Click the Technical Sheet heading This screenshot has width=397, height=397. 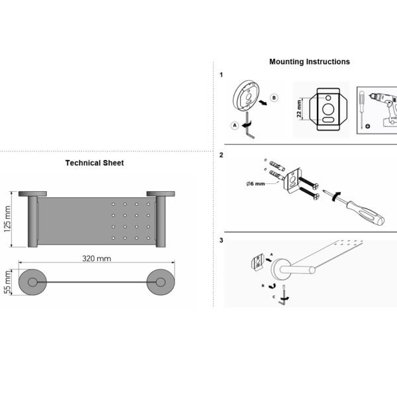[x=95, y=163]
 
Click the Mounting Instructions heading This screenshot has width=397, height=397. [x=310, y=62]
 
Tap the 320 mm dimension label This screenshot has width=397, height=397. [x=97, y=259]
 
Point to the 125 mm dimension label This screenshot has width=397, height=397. [x=7, y=219]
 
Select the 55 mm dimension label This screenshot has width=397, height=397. [x=7, y=283]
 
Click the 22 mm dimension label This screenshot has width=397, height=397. [x=299, y=109]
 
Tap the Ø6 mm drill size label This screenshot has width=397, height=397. [x=255, y=183]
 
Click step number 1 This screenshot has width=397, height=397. [x=221, y=75]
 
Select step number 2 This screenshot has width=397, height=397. [x=221, y=155]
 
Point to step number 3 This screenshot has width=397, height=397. [x=221, y=240]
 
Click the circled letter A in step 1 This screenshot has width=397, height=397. [x=235, y=125]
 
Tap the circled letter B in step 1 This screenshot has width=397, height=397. [x=274, y=98]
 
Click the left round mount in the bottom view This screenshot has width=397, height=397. [x=32, y=282]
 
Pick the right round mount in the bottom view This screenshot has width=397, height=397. [x=161, y=282]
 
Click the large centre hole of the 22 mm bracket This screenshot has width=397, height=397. [x=328, y=109]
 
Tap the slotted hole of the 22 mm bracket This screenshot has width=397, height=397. [x=328, y=120]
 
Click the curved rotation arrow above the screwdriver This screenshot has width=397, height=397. [x=336, y=197]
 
